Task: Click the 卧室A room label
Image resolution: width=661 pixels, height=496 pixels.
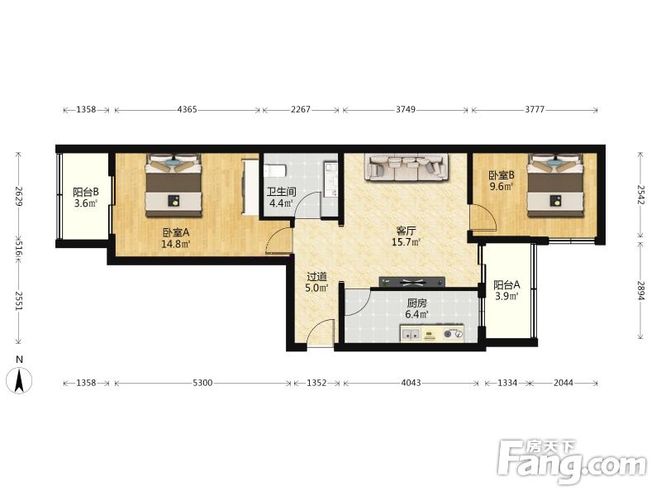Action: (x=176, y=232)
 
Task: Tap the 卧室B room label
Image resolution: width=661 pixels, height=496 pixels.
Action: (x=502, y=175)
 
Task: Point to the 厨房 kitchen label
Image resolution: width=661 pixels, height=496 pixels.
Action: (x=417, y=303)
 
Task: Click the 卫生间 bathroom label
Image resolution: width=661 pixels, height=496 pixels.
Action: (x=281, y=192)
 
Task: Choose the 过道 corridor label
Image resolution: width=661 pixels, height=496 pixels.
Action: (x=316, y=277)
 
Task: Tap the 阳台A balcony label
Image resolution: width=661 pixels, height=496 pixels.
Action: (x=506, y=284)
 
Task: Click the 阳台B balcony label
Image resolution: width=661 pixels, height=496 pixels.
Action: (x=86, y=193)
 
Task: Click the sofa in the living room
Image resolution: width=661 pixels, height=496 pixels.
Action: (x=407, y=168)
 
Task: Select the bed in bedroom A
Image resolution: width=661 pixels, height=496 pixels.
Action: (x=174, y=185)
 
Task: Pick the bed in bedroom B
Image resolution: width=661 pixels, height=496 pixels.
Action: (x=555, y=185)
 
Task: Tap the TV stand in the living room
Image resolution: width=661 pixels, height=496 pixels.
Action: (x=411, y=282)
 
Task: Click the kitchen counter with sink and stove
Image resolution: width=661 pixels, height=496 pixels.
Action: (x=432, y=333)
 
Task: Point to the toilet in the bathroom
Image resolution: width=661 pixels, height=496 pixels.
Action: (x=275, y=171)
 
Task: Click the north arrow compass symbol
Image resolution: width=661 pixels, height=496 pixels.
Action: (x=19, y=380)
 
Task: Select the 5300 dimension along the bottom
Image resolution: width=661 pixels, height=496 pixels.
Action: (x=202, y=383)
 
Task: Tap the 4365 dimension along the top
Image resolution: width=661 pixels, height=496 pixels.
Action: (x=188, y=110)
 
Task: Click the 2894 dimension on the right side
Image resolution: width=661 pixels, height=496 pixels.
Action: (x=641, y=291)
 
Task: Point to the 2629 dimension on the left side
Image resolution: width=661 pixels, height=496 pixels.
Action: (x=18, y=196)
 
